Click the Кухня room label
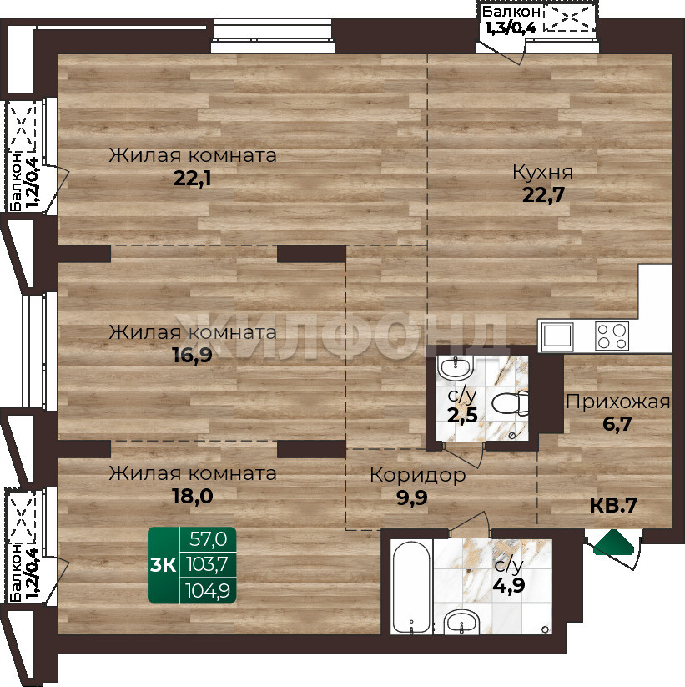pos(542,172)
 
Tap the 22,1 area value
pos(193,179)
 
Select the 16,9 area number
pos(193,355)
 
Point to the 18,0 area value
pos(193,496)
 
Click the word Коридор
pos(418,476)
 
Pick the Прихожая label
pos(617,402)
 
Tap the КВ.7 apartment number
pos(613,505)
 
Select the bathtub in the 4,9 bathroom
pos(411,587)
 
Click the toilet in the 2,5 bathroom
pos(511,403)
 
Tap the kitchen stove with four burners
pos(612,336)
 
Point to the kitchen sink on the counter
pos(557,336)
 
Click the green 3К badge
pos(163,565)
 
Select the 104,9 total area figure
pos(208,591)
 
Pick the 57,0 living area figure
pos(208,539)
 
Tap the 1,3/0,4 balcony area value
pos(511,28)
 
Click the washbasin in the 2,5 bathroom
pos(456,368)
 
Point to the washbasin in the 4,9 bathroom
pos(462,621)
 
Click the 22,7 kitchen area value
pos(543,195)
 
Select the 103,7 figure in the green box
pos(208,565)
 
